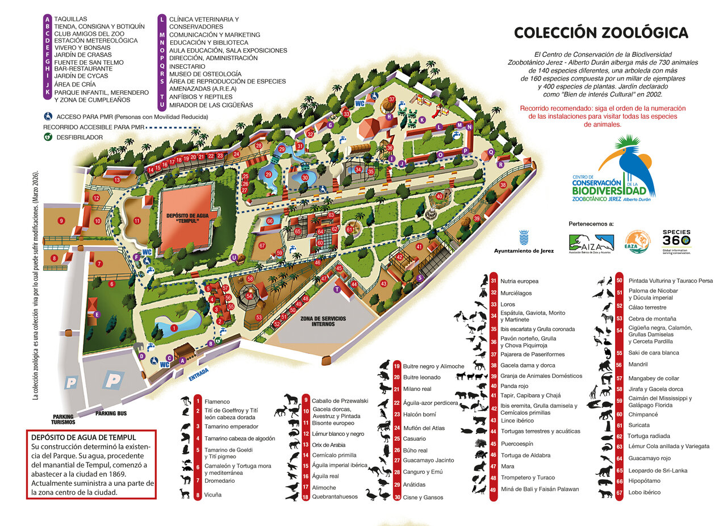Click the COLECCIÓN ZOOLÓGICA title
pyautogui.click(x=601, y=33)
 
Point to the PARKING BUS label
pyautogui.click(x=111, y=413)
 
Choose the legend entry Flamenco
pyautogui.click(x=209, y=402)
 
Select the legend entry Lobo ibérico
pyautogui.click(x=645, y=492)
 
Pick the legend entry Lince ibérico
pyautogui.click(x=517, y=420)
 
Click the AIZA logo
pyautogui.click(x=591, y=243)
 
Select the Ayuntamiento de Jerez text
pyautogui.click(x=524, y=251)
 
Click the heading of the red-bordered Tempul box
pyautogui.click(x=83, y=437)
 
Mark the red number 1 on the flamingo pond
pyautogui.click(x=174, y=328)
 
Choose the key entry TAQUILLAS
pyautogui.click(x=70, y=19)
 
